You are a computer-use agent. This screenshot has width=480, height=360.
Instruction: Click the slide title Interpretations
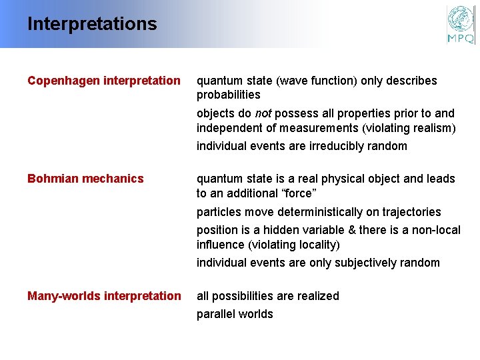[92, 25]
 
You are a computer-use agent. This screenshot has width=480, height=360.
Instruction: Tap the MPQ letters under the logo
[461, 38]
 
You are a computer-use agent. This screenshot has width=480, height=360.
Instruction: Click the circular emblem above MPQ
[461, 19]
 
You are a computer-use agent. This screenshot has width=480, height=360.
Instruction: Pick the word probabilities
[228, 95]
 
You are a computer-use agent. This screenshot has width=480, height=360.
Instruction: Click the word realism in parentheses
[431, 128]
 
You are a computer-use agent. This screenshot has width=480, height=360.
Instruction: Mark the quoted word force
[296, 193]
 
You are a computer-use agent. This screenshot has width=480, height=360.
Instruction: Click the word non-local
[435, 230]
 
